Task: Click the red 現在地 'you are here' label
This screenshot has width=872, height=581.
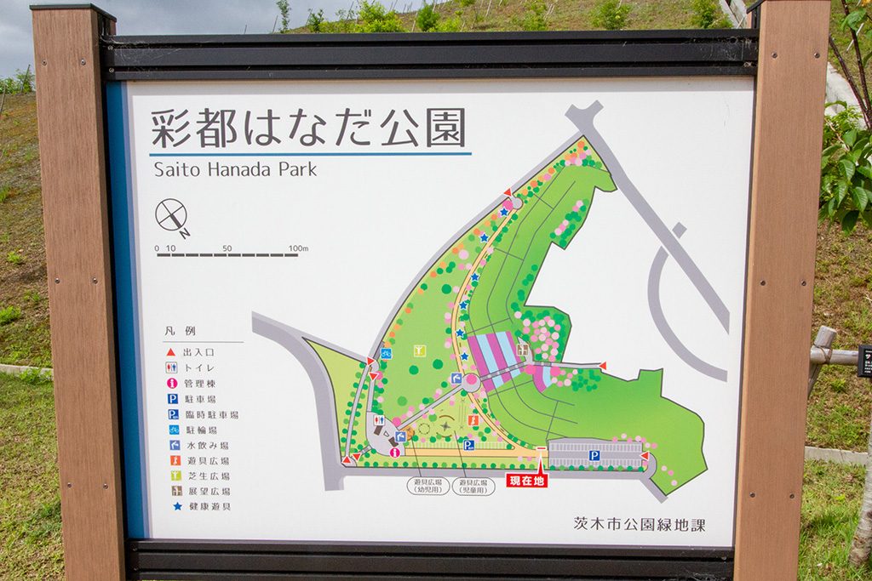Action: click(x=526, y=481)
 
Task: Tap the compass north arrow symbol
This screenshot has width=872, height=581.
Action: click(x=172, y=215)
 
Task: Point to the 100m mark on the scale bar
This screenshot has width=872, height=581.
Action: click(x=298, y=248)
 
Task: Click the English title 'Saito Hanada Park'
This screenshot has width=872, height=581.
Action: click(x=235, y=169)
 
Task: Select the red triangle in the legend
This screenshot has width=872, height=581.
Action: click(x=171, y=351)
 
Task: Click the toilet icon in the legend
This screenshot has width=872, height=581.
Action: click(x=171, y=367)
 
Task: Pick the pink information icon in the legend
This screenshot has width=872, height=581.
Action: click(x=171, y=383)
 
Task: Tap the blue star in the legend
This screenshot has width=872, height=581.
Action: click(x=171, y=506)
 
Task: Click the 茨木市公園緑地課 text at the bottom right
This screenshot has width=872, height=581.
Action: click(x=639, y=524)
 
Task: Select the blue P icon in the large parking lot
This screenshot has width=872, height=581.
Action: click(x=594, y=456)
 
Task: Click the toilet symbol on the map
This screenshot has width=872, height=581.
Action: click(x=379, y=419)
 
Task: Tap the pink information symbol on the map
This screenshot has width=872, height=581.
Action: click(x=394, y=452)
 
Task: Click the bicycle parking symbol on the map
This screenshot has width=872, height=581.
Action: click(x=386, y=353)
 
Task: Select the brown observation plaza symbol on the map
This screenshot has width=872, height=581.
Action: click(x=523, y=349)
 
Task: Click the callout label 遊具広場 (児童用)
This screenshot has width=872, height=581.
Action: click(x=473, y=486)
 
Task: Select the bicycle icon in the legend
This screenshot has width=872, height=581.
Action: click(x=171, y=430)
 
